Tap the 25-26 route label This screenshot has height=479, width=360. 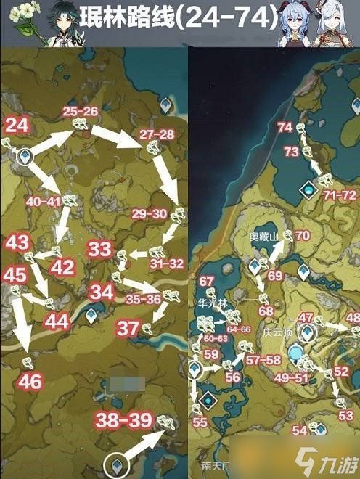80,112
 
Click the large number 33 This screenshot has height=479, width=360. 99,249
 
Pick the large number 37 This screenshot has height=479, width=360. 128,328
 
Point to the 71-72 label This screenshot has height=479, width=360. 340,195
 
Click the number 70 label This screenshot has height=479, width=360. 302,235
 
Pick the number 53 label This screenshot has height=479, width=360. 345,415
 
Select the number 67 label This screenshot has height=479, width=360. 207,282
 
